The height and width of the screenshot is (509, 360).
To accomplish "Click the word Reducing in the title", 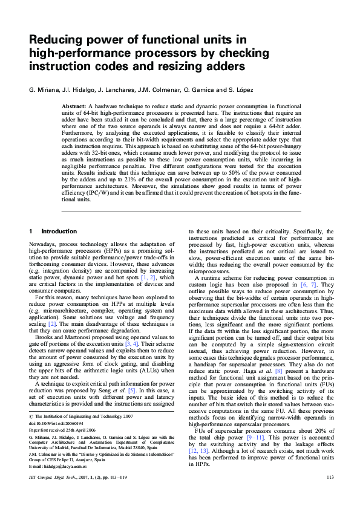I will pyautogui.click(x=56, y=41).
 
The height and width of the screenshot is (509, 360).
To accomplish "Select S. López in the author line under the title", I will pyautogui.click(x=240, y=89).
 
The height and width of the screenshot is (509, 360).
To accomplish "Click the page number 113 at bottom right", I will pyautogui.click(x=329, y=495).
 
